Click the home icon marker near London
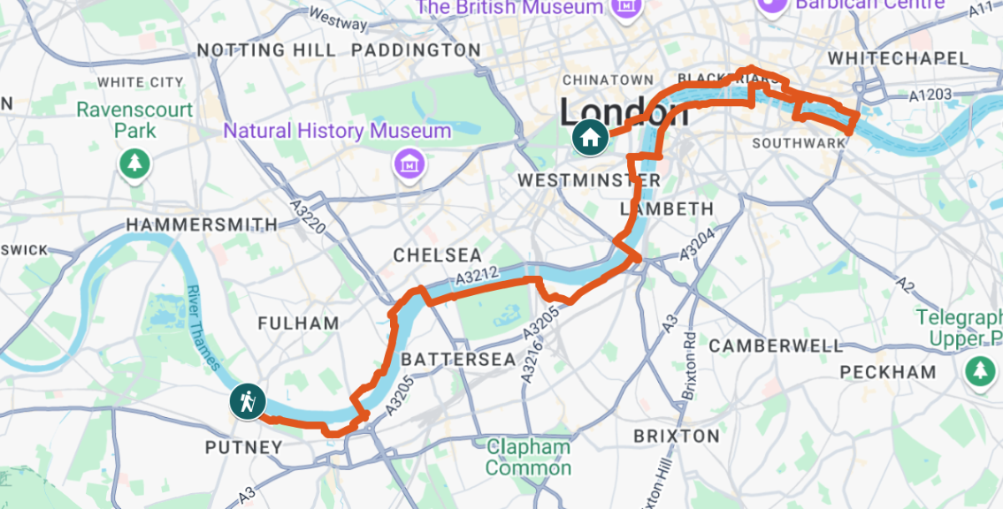(589, 137)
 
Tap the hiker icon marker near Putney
(247, 401)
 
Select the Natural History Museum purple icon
(409, 163)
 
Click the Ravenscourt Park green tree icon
(134, 163)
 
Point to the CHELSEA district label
(438, 255)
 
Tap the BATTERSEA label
(458, 360)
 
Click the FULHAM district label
(299, 323)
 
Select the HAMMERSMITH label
(202, 225)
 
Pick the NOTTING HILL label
(266, 50)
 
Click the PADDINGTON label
(417, 50)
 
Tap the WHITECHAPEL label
(899, 58)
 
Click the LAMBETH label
(667, 209)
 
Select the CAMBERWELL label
(777, 346)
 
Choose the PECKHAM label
(888, 372)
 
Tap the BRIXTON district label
(677, 436)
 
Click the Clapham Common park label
(528, 457)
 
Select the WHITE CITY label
(141, 82)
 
